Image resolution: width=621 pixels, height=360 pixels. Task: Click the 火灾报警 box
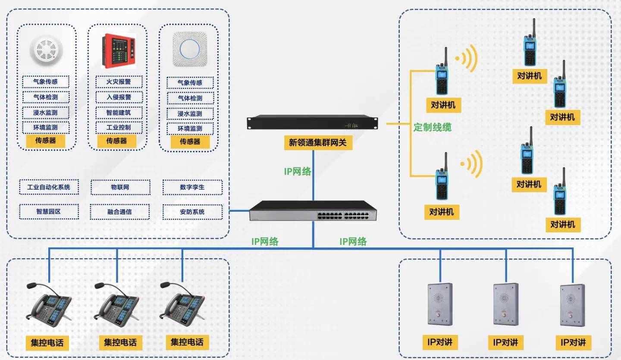point(119,81)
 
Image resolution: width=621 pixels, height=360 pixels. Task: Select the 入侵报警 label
point(119,97)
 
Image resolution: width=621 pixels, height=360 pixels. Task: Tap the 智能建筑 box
point(119,113)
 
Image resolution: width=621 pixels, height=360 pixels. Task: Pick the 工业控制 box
point(119,128)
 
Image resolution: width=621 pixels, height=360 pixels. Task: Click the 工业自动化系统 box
point(49,187)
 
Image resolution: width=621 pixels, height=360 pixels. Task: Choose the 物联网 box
point(120,187)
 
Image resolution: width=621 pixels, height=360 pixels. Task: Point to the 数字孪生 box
point(192,187)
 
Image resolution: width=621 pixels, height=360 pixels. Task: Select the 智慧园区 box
point(49,212)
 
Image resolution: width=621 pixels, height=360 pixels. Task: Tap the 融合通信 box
point(120,212)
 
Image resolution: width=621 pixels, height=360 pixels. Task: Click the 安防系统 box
point(192,212)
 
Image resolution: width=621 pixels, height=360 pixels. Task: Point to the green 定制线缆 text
point(432,128)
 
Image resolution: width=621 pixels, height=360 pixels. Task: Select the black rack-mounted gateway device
point(312,122)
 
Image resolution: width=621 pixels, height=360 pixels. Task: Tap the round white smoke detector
point(47,51)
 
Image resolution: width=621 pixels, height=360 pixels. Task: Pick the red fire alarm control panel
point(119,51)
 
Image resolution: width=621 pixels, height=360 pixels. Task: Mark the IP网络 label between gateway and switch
point(298,171)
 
